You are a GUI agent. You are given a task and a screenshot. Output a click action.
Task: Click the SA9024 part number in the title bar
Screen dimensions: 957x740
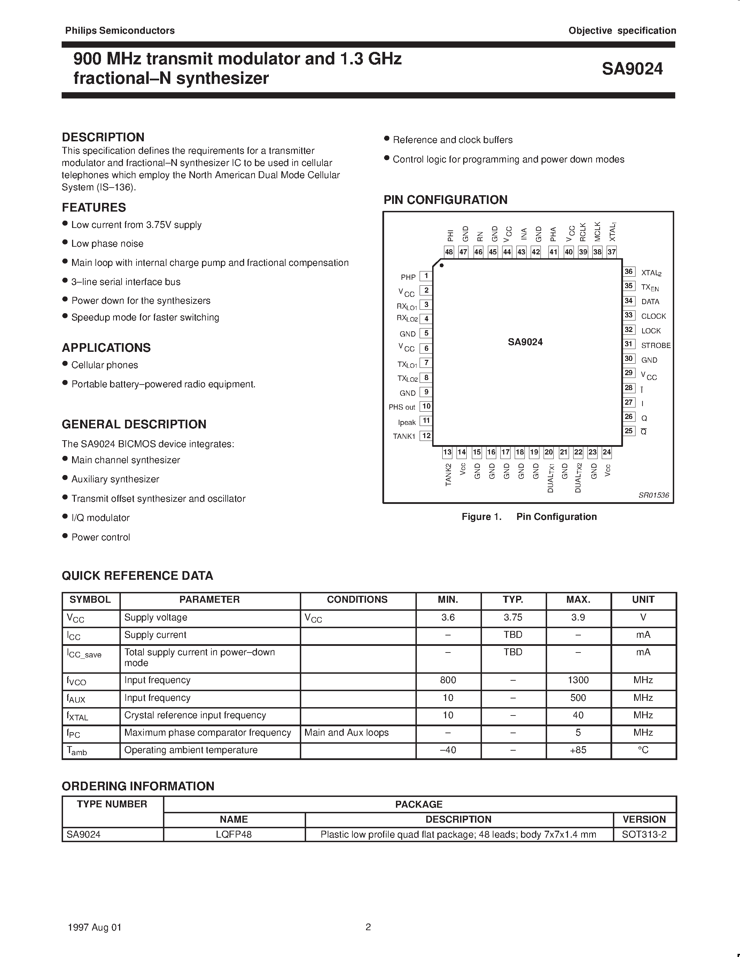(x=632, y=69)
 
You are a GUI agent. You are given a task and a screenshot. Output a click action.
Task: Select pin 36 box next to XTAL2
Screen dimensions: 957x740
(x=629, y=272)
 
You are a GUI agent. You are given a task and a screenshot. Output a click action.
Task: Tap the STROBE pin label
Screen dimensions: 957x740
(x=655, y=345)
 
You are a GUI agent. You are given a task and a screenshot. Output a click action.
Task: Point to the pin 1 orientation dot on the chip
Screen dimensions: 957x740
(x=442, y=266)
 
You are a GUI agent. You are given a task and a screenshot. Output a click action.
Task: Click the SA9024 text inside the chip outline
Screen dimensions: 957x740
(x=525, y=342)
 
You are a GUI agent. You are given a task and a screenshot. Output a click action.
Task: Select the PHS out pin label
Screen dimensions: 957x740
(x=402, y=407)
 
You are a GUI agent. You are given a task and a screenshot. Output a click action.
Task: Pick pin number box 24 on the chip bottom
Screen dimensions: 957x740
(x=607, y=452)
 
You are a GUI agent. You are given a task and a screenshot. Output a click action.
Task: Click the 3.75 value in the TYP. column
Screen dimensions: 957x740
(x=513, y=617)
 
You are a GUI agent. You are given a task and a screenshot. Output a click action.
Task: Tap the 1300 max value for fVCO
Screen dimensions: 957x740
(x=578, y=680)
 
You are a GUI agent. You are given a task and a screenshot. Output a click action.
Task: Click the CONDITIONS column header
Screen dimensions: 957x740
(x=357, y=600)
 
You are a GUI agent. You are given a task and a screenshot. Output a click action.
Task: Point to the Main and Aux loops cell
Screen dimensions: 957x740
(x=346, y=733)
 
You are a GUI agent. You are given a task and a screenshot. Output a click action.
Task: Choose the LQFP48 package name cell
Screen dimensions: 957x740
(x=234, y=834)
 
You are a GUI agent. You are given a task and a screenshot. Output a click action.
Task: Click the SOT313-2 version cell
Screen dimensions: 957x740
(x=644, y=834)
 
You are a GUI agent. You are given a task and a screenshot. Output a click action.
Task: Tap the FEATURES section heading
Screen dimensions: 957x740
(x=94, y=207)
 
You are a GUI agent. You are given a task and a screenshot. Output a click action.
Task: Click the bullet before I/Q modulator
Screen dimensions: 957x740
(x=65, y=517)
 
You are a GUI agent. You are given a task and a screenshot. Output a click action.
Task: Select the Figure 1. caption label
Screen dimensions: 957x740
(x=481, y=517)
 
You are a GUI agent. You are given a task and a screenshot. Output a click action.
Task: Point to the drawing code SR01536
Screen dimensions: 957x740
(x=654, y=495)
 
